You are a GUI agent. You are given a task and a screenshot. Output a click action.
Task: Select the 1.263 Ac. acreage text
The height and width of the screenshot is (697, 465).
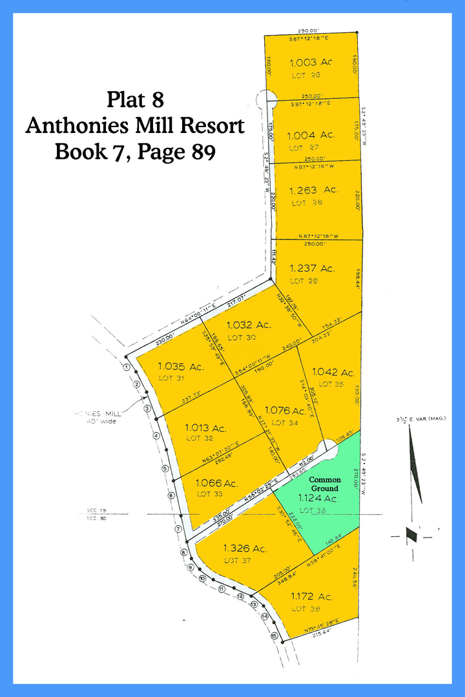313,190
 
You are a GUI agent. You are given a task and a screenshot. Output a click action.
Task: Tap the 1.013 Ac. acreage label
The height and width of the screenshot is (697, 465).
205,427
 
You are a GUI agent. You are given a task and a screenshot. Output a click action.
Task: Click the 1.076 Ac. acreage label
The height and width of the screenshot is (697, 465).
285,410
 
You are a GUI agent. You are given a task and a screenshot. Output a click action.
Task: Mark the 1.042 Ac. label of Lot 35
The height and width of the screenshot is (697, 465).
333,372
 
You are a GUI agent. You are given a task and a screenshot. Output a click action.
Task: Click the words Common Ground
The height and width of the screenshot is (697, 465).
325,484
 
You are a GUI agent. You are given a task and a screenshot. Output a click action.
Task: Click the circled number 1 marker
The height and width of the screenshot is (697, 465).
127,367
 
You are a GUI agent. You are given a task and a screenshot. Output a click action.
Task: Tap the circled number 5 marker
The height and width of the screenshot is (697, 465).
165,469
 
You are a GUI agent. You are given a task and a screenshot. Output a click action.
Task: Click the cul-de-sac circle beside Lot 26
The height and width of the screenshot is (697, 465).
265,99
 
